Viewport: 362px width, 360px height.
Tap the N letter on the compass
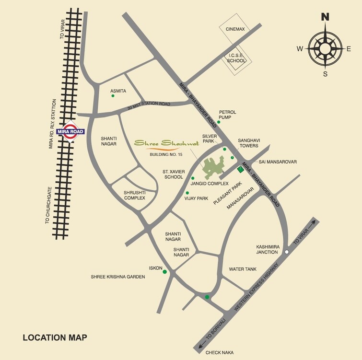click(x=325, y=17)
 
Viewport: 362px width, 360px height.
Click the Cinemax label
click(x=235, y=29)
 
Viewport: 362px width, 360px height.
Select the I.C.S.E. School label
click(x=236, y=58)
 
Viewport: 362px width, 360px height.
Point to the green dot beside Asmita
click(x=113, y=96)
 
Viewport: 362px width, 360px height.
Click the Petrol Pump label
click(x=228, y=114)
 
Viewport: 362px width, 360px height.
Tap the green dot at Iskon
click(x=165, y=272)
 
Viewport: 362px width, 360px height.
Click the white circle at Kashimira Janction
click(x=286, y=251)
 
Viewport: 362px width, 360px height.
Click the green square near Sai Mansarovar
click(x=240, y=169)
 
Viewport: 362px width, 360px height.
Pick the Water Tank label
click(x=243, y=269)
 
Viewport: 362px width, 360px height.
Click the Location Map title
click(x=55, y=337)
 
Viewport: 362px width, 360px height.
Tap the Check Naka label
click(x=219, y=352)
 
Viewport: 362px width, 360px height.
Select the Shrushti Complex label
click(x=135, y=195)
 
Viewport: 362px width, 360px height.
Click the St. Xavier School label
click(x=173, y=174)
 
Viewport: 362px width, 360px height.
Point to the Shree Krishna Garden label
click(x=118, y=277)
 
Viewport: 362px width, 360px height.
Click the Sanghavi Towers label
click(x=248, y=143)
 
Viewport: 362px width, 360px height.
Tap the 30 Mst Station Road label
click(x=149, y=106)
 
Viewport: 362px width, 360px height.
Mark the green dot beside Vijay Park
click(x=187, y=193)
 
